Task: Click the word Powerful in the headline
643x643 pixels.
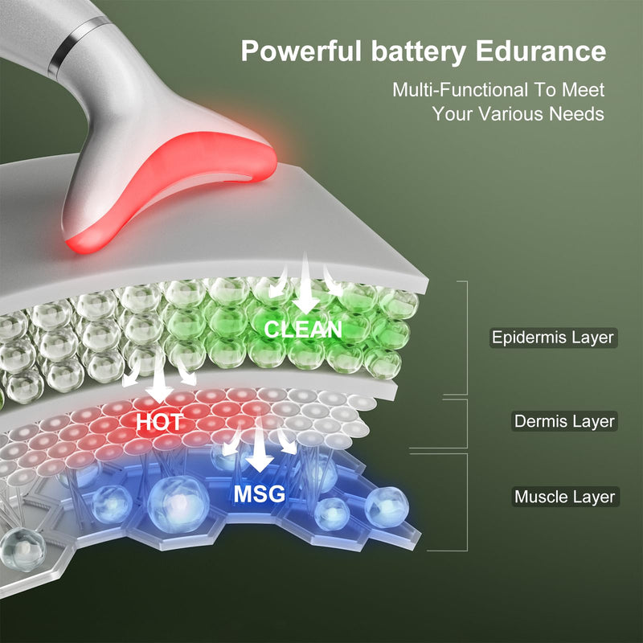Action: pos(301,51)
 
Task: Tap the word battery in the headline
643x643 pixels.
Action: pos(418,52)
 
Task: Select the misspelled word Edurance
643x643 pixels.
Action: pos(540,51)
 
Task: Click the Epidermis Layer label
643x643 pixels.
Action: pos(553,338)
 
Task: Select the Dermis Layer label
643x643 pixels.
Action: pos(564,421)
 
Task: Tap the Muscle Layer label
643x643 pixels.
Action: pos(565,497)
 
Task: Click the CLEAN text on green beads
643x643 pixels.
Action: pos(303,330)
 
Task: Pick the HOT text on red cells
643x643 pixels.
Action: pos(159,422)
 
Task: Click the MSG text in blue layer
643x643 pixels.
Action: pos(259,494)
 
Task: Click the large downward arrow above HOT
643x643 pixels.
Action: pos(158,376)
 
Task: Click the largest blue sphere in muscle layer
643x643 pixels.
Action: pos(178,504)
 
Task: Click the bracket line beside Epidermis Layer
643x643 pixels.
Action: pos(467,338)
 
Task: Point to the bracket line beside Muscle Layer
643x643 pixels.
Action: pos(467,502)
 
